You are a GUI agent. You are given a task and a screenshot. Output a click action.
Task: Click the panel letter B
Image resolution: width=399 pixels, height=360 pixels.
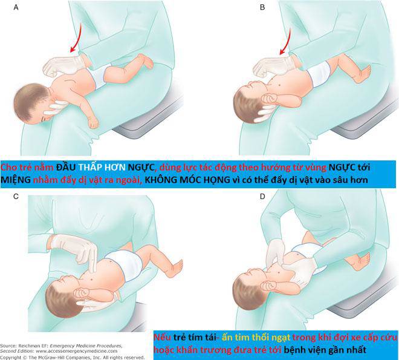[x=245, y=8]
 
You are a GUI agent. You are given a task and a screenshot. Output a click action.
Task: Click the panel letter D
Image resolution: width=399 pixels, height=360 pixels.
[x=245, y=197]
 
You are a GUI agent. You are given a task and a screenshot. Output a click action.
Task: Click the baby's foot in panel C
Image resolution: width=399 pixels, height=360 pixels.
[x=179, y=267]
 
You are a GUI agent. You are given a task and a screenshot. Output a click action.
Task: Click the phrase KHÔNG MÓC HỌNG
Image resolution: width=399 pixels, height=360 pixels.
[x=187, y=180]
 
